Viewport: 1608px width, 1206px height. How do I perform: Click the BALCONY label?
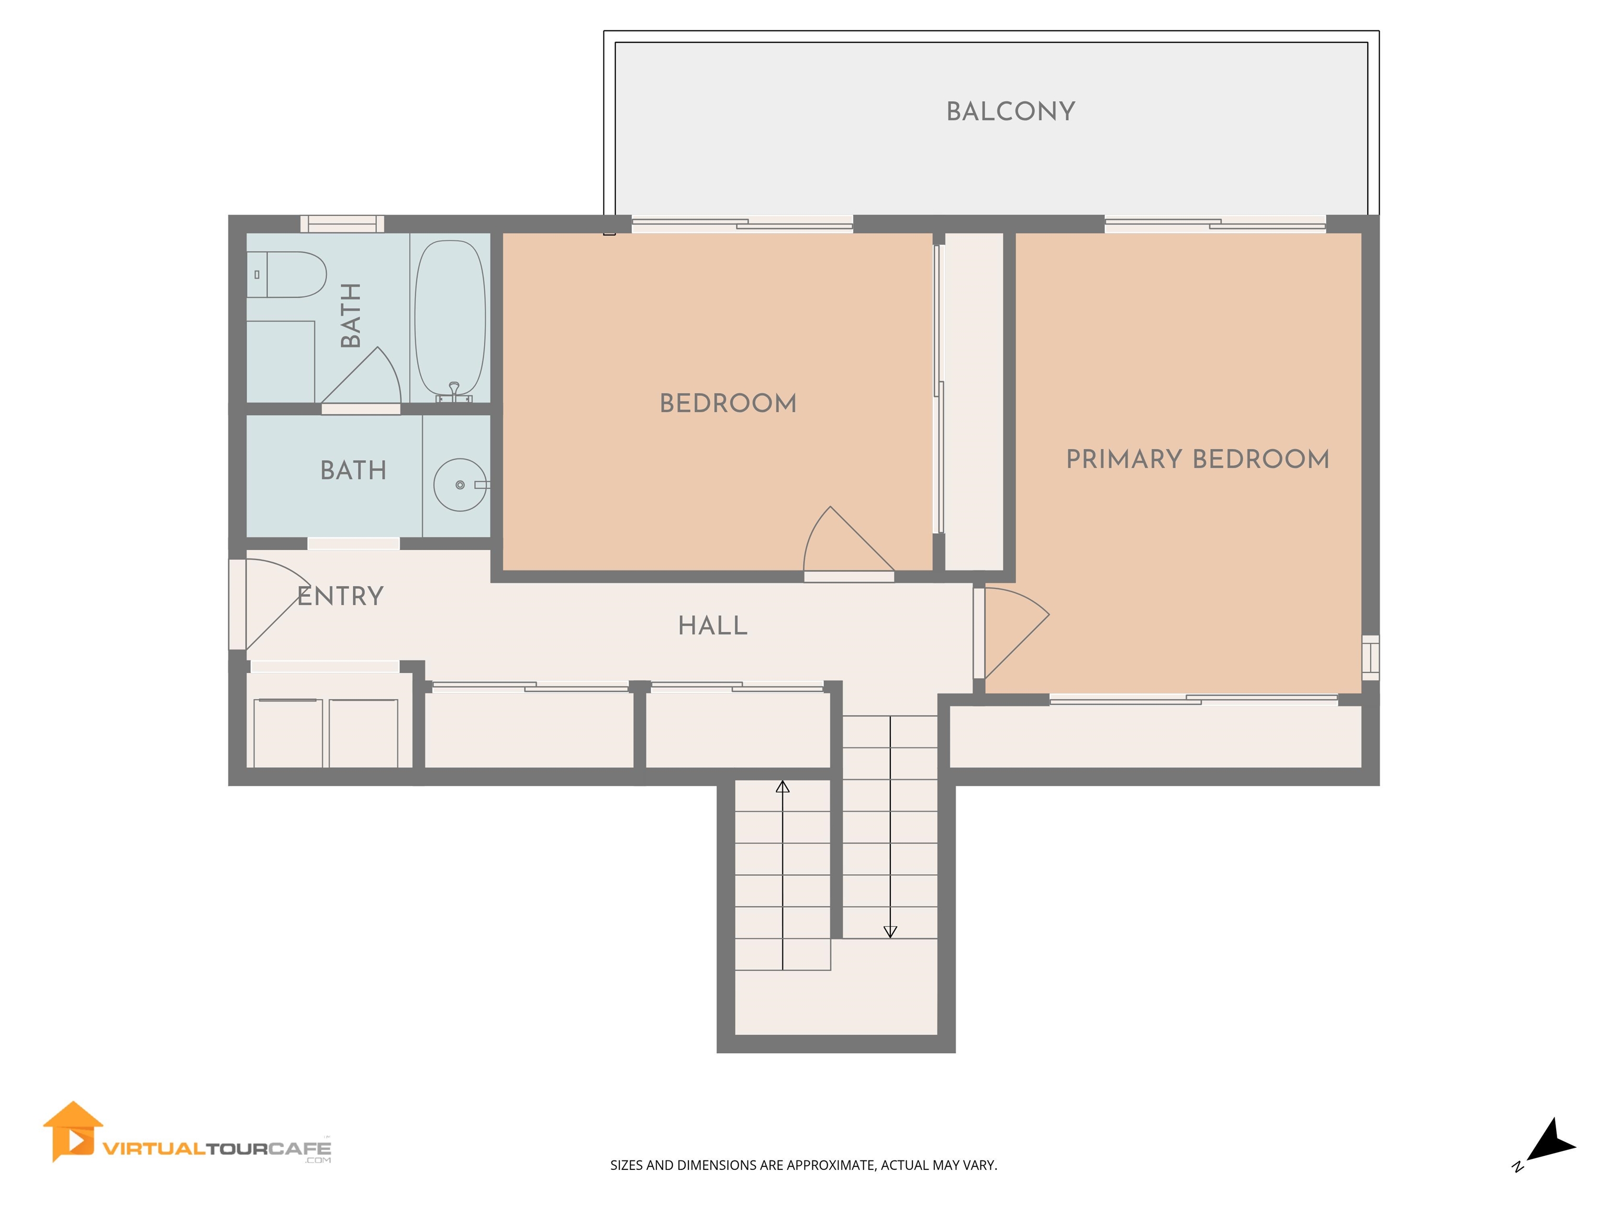click(x=1010, y=111)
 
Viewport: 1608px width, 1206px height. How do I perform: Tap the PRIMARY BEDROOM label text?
click(x=1197, y=460)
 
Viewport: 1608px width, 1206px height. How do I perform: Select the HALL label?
click(x=712, y=626)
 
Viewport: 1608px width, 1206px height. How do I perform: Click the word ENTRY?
click(x=340, y=596)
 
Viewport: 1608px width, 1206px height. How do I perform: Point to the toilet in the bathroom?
click(x=287, y=275)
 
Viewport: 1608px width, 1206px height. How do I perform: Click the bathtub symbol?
click(x=449, y=318)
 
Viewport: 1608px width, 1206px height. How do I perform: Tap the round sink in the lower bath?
click(x=460, y=485)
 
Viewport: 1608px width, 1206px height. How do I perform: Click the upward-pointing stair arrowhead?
click(x=782, y=787)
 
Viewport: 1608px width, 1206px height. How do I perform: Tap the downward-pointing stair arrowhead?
click(x=890, y=932)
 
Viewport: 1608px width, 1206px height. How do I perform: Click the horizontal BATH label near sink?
click(x=353, y=471)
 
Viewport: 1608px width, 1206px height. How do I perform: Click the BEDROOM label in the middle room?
click(x=728, y=404)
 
